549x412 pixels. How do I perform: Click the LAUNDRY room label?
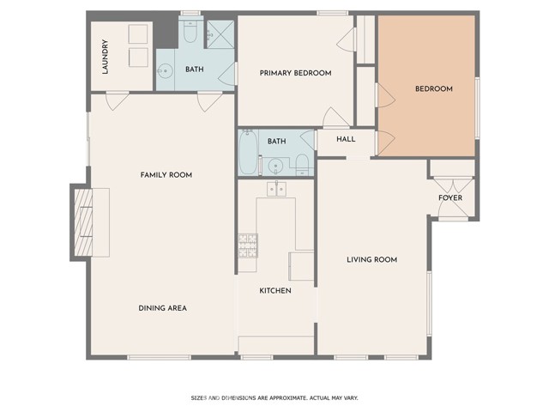[105, 57]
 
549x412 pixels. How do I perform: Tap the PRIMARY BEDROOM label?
[295, 73]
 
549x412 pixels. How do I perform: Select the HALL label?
[346, 139]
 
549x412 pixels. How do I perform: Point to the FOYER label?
[450, 197]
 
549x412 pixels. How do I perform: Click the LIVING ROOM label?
[371, 259]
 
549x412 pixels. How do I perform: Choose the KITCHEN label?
[275, 290]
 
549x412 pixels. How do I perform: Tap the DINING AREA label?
[162, 308]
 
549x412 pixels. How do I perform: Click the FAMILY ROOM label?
[166, 175]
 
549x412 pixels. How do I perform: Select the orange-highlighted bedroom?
[426, 86]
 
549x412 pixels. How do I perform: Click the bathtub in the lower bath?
[248, 152]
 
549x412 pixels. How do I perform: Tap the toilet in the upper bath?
[190, 32]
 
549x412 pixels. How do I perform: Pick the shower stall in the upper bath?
[220, 34]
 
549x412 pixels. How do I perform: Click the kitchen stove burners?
[248, 245]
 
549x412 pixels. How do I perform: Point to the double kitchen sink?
[276, 189]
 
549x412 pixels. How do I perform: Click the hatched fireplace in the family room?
[83, 222]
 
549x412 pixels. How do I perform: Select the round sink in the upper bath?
[165, 71]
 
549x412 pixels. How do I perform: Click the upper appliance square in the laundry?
[138, 34]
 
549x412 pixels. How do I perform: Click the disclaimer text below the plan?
[274, 398]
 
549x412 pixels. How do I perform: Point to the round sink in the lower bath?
[275, 166]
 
